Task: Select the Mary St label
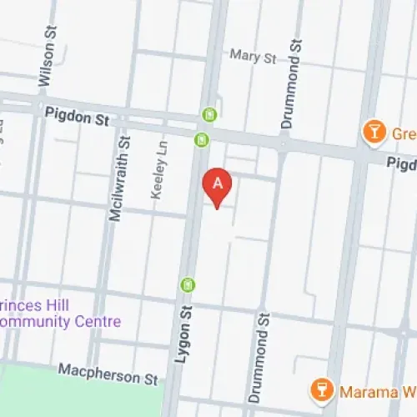point(253,58)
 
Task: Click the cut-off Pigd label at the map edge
point(400,165)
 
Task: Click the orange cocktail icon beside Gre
point(373,131)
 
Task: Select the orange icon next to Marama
point(318,389)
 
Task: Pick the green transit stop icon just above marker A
point(201,139)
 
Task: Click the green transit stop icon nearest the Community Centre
point(189,285)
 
